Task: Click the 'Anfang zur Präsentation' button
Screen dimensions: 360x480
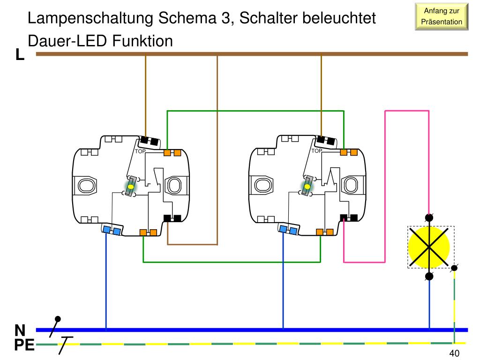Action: [x=442, y=16]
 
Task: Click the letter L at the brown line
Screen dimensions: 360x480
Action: [x=20, y=55]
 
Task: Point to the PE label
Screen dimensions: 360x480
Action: [x=23, y=346]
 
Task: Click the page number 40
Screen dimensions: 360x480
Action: [x=454, y=353]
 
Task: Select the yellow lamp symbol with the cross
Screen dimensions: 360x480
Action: [x=429, y=247]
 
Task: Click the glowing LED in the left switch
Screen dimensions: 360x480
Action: [x=131, y=187]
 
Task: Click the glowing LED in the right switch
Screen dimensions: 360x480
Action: [x=307, y=187]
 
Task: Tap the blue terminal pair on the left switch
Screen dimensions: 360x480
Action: [x=112, y=230]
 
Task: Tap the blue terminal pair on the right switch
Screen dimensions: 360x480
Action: [x=288, y=230]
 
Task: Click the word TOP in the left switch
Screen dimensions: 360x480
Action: [x=140, y=151]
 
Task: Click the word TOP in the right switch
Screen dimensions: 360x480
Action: [x=317, y=151]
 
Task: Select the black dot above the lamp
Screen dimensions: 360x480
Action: [x=429, y=217]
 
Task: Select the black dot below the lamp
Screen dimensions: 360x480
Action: [x=429, y=276]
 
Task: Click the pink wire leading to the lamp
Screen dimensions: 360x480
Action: [x=385, y=187]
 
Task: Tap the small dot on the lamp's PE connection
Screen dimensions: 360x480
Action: [x=454, y=269]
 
